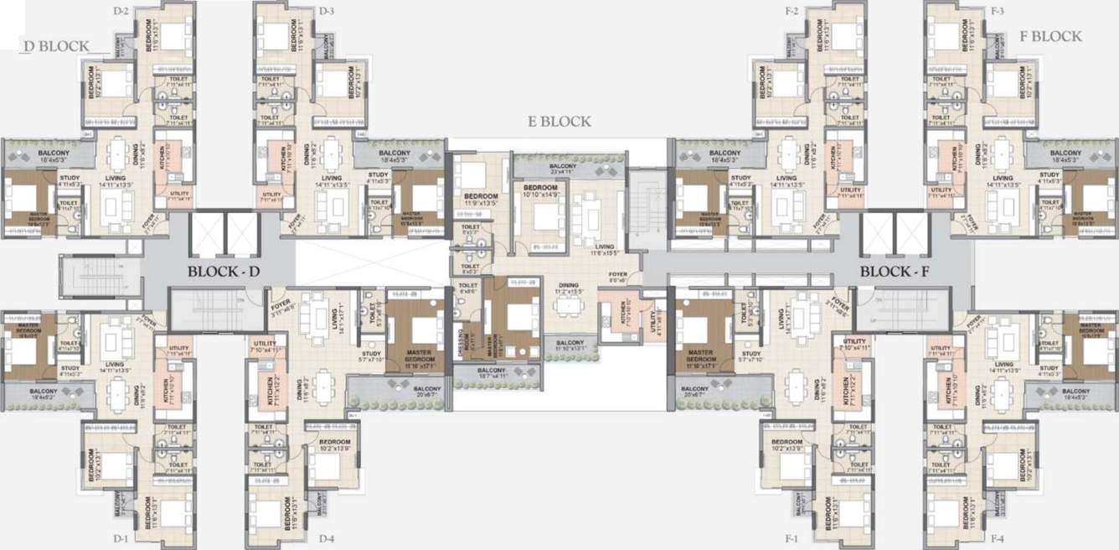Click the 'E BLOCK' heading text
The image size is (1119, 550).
point(559,122)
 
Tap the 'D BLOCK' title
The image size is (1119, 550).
point(56,46)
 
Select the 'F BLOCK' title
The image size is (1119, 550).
point(1050,36)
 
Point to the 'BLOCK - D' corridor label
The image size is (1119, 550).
point(225,272)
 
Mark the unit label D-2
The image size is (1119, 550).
point(121,11)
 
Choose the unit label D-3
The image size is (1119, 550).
point(327,11)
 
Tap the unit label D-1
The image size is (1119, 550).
point(121,537)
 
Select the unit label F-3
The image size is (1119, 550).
point(998,11)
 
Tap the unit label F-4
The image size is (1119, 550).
point(998,537)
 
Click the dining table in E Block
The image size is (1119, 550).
point(570,307)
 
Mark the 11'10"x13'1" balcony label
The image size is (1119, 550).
point(570,345)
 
